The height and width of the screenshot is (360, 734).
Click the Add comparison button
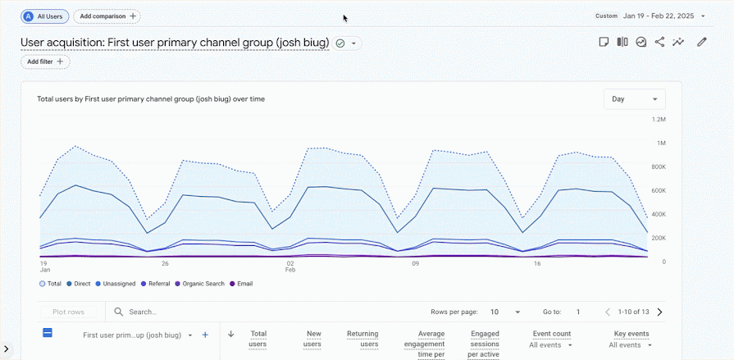[x=107, y=16]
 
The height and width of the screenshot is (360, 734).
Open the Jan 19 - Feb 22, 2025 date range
[x=663, y=16]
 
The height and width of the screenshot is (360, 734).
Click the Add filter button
[x=45, y=62]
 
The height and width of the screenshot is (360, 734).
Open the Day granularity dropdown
[x=634, y=99]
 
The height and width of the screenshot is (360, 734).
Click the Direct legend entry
[x=79, y=284]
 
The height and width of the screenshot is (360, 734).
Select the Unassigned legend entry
[x=115, y=284]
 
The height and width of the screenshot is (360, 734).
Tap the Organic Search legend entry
[x=199, y=284]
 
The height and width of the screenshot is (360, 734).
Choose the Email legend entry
[x=241, y=284]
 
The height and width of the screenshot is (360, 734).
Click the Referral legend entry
[x=156, y=284]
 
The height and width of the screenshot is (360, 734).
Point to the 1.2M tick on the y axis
[x=659, y=120]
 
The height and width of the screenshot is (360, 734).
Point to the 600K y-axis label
[x=659, y=190]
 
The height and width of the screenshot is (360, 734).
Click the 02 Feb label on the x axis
[x=290, y=267]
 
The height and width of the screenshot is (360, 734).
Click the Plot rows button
[x=68, y=312]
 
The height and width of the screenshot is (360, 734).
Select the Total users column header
[x=258, y=339]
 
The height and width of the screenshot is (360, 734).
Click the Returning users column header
[x=362, y=339]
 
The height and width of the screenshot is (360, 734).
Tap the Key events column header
[x=631, y=334]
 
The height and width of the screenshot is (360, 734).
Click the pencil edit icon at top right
[x=701, y=42]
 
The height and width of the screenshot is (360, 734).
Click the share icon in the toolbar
[x=659, y=42]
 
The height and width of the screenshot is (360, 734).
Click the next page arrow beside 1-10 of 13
[x=659, y=312]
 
